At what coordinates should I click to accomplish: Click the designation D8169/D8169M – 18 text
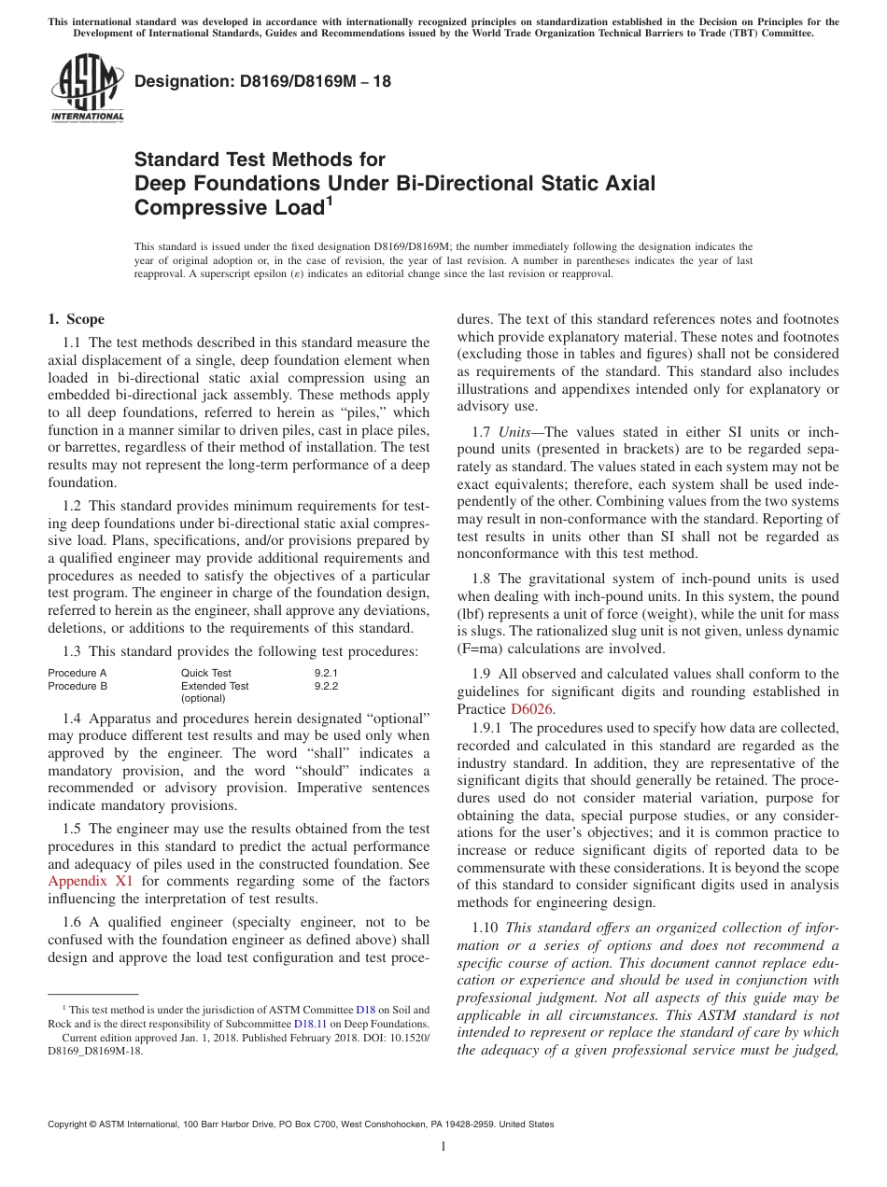[x=262, y=82]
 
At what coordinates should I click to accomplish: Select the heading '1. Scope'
[x=77, y=319]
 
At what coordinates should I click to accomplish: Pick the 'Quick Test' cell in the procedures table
[x=205, y=673]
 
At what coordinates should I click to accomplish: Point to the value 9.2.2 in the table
[x=326, y=686]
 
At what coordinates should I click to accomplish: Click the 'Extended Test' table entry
[x=215, y=686]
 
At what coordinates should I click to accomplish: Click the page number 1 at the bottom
[x=443, y=1147]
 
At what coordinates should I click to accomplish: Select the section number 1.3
[x=72, y=650]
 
